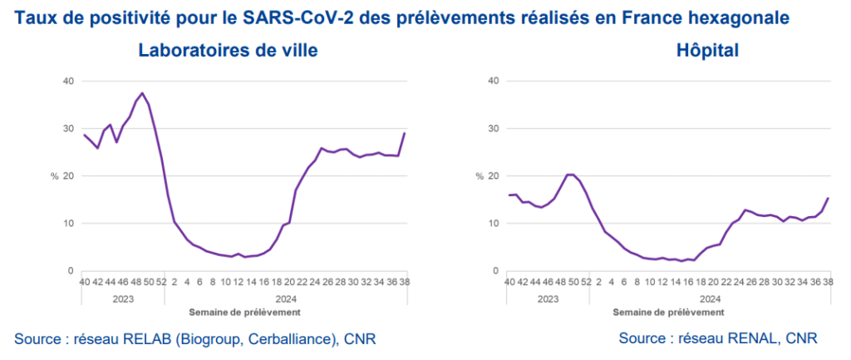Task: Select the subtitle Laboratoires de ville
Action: point(228,51)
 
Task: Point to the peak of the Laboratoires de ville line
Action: point(142,93)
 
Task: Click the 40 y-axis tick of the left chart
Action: point(69,81)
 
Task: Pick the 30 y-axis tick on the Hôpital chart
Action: point(493,129)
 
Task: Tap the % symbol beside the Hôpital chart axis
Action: point(480,176)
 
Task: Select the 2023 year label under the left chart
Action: point(123,298)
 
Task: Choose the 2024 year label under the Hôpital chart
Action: point(709,298)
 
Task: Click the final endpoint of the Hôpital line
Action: point(828,198)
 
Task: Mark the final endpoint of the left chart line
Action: point(405,133)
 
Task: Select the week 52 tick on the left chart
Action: point(161,283)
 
